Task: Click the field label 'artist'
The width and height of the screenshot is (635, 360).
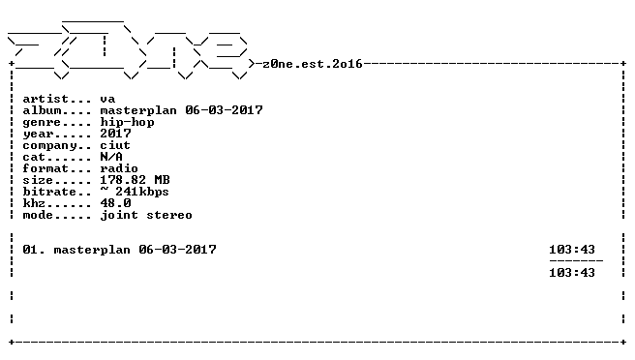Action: point(45,99)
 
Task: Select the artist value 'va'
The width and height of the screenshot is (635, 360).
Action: point(107,100)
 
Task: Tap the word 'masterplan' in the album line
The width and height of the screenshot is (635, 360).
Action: point(138,110)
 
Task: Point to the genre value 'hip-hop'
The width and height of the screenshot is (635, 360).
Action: point(127,122)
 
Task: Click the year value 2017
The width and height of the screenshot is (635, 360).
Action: point(115,134)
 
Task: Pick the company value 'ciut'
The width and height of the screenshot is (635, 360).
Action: point(115,145)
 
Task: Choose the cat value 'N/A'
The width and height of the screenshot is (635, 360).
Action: point(111,157)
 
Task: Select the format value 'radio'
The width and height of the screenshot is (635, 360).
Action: point(119,168)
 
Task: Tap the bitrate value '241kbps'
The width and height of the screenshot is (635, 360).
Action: point(141,192)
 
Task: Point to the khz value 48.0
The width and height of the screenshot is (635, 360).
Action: point(115,203)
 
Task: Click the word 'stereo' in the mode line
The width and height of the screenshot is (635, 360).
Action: point(169,215)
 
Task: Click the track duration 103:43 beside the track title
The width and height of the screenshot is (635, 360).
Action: point(572,250)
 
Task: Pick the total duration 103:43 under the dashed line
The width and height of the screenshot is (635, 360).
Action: point(572,273)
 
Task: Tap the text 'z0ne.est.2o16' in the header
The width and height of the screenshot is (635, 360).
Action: point(313,64)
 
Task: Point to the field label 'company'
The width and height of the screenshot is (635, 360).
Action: point(49,146)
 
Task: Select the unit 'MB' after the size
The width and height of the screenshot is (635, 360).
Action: point(162,180)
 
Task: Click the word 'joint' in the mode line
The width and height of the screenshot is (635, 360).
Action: point(119,215)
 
